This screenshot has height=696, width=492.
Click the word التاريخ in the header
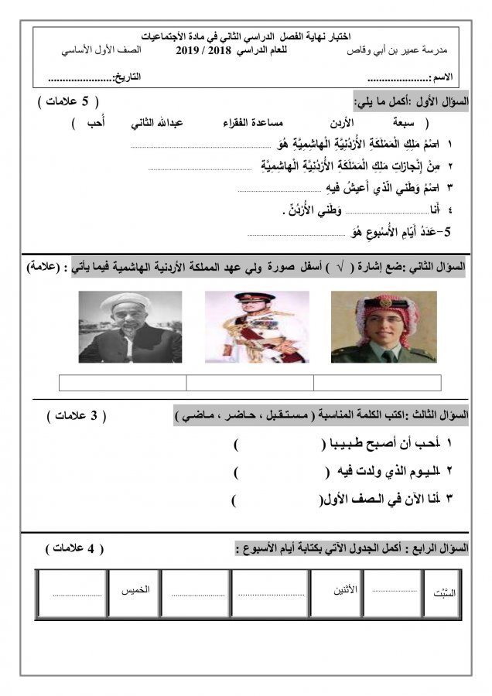tap(128, 78)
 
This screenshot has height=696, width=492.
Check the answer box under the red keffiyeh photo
tap(377, 383)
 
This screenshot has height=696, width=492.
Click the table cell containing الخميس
tap(135, 593)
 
